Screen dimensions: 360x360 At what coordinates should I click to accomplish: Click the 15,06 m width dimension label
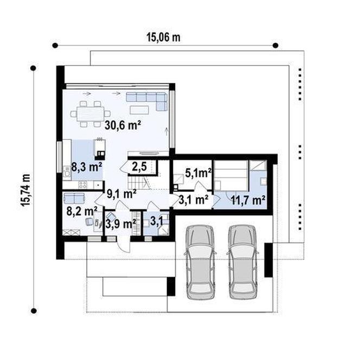(x=164, y=37)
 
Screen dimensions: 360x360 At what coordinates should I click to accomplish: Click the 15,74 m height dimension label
(x=25, y=190)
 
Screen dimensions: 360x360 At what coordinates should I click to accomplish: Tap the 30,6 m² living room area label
(x=123, y=125)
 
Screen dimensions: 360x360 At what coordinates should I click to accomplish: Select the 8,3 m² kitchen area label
(x=87, y=166)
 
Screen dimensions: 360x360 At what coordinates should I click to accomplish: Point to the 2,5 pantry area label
(x=139, y=166)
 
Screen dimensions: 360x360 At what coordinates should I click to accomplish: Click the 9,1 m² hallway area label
(x=122, y=194)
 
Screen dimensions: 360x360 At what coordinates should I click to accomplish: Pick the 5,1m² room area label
(x=198, y=173)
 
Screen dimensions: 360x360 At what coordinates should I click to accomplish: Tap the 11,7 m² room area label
(x=248, y=201)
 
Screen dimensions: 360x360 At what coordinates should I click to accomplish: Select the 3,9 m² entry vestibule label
(x=121, y=224)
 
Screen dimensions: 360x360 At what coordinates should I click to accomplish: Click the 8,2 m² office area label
(x=82, y=211)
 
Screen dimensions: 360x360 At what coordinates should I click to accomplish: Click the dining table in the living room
(x=91, y=114)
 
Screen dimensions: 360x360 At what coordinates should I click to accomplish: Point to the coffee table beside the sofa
(x=139, y=110)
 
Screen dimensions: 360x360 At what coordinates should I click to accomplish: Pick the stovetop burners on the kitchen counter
(x=83, y=184)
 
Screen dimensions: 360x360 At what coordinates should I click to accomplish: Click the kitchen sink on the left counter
(x=67, y=171)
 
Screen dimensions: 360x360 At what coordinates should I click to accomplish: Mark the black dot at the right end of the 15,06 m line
(x=275, y=46)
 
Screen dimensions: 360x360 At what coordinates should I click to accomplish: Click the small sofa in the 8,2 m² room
(x=74, y=198)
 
